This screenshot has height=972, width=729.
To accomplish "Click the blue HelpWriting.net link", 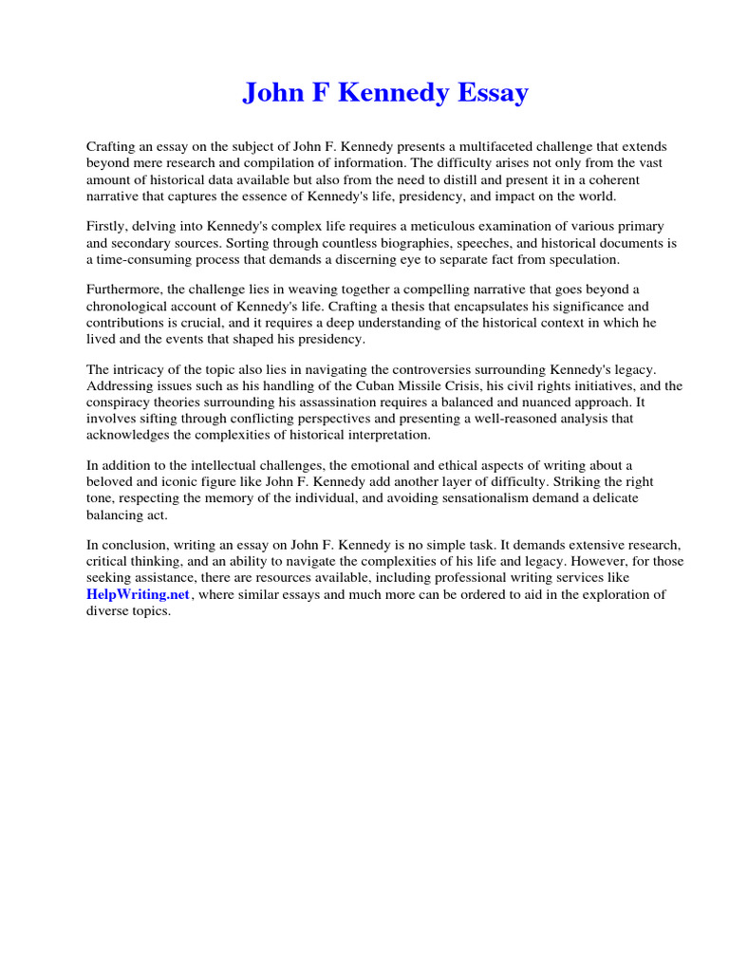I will (139, 595).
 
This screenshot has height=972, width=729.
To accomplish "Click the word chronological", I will (132, 306).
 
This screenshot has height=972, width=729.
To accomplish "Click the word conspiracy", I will (123, 402).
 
